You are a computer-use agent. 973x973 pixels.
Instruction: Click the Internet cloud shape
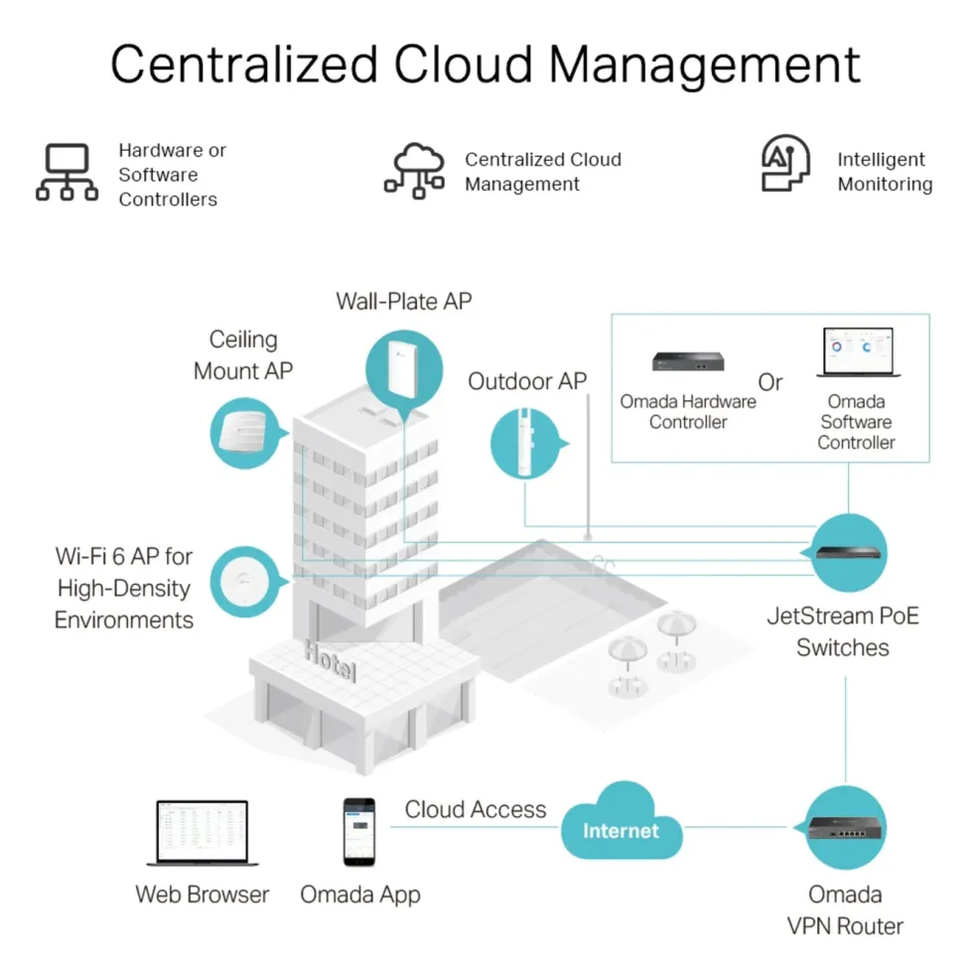(x=622, y=822)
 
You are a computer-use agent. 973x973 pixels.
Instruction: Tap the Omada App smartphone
(x=359, y=832)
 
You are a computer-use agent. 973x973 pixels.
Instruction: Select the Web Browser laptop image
(x=203, y=833)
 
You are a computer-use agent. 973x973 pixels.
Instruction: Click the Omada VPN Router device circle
(x=845, y=827)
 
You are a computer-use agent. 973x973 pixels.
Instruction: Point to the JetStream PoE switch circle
(x=848, y=552)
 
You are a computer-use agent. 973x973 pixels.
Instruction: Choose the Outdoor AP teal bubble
(x=527, y=443)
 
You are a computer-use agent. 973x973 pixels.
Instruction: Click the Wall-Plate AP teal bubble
(x=404, y=371)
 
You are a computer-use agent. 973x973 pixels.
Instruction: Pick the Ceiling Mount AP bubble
(x=246, y=433)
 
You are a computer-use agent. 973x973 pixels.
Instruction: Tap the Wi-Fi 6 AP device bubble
(x=246, y=582)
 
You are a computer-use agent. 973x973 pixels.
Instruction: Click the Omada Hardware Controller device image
(x=687, y=360)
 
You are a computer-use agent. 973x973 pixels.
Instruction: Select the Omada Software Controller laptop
(x=858, y=351)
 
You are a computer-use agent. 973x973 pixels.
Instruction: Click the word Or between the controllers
(x=770, y=382)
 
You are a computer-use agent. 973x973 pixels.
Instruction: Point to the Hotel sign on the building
(x=331, y=661)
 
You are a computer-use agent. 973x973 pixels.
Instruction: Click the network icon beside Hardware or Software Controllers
(x=68, y=172)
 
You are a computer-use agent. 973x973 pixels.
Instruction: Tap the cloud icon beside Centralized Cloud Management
(x=415, y=170)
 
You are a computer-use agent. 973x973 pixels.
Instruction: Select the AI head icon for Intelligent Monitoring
(x=785, y=163)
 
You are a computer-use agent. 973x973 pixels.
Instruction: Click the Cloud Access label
(x=476, y=809)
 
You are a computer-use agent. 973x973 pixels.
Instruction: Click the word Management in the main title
(x=704, y=65)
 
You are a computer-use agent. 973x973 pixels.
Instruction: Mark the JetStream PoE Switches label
(x=843, y=631)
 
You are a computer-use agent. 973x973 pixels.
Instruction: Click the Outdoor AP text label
(x=527, y=381)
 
